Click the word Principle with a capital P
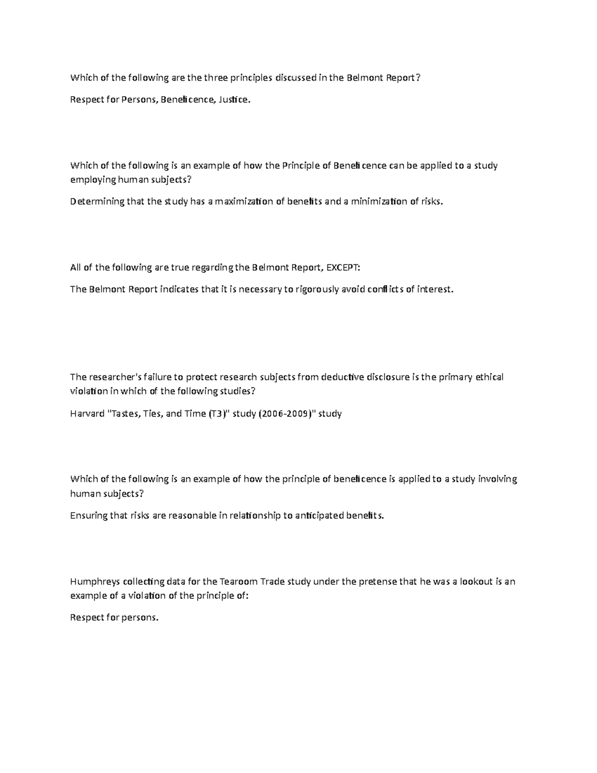[x=301, y=166]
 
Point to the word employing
[x=91, y=180]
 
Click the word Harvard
[x=87, y=414]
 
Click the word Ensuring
[x=89, y=516]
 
